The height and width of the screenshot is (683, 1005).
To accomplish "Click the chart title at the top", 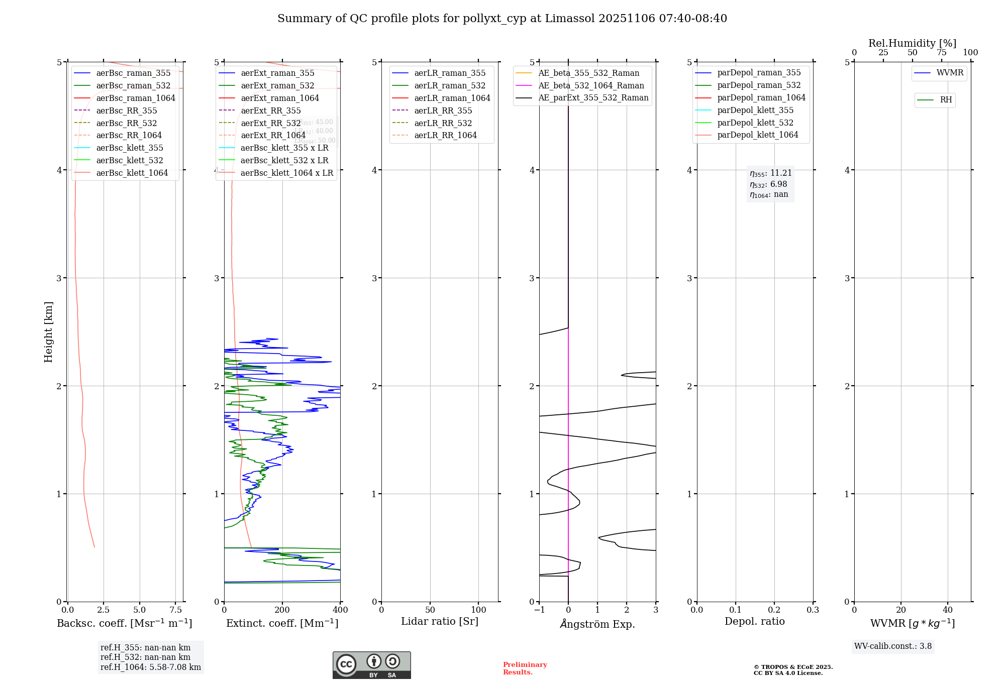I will [x=502, y=19].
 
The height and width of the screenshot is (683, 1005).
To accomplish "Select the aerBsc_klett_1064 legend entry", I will [x=132, y=173].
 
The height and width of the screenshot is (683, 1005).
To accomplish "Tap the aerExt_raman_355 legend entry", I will [x=277, y=73].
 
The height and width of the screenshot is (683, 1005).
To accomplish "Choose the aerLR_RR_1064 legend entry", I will [x=445, y=135].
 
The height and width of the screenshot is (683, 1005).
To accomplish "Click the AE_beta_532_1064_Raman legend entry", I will [x=591, y=85].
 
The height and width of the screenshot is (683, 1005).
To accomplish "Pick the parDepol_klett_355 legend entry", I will [x=755, y=110].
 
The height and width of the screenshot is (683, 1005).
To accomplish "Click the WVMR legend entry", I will [x=950, y=73].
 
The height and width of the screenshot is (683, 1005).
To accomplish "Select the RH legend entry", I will [x=946, y=100].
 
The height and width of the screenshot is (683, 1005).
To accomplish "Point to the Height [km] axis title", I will [x=48, y=332].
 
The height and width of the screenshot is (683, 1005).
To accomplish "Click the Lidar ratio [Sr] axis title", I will [x=440, y=621].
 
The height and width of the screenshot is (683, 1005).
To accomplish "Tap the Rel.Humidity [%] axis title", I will [x=912, y=43].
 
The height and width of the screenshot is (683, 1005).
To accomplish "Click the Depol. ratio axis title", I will [x=754, y=621].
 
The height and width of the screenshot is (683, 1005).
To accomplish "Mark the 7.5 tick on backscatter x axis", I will [x=175, y=610].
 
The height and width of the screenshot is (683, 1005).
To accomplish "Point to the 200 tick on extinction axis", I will [x=282, y=610].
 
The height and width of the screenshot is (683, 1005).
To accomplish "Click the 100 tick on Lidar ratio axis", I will [x=478, y=610].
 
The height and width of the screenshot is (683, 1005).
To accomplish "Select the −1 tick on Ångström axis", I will [x=539, y=610].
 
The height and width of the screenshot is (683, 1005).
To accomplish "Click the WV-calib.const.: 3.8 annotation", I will [x=892, y=646].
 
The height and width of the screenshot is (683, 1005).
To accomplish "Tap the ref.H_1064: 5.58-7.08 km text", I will [x=151, y=667].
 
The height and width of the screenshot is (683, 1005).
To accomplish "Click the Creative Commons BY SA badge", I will [x=371, y=665].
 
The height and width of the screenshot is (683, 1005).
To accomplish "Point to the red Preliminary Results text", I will [x=525, y=668].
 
